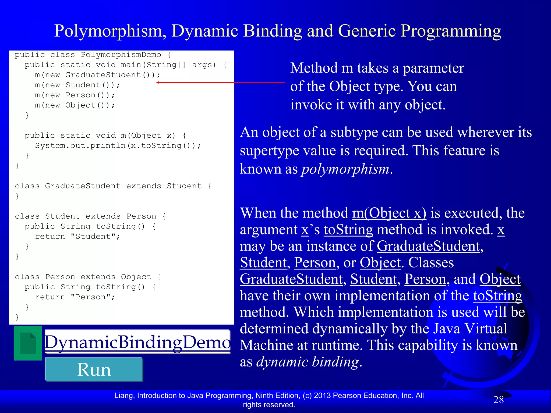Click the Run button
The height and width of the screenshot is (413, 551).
coord(94,369)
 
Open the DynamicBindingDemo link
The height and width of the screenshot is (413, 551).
coord(137,342)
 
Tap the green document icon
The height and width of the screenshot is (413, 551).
coord(28,343)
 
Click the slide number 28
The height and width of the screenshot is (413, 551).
coord(498,400)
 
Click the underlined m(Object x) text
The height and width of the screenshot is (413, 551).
coord(389,213)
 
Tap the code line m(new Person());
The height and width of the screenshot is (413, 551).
coord(75,95)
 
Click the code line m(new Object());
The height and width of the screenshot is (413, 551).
coord(75,105)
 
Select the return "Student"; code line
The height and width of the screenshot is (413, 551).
coord(77,237)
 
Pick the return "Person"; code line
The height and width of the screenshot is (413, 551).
coord(75,297)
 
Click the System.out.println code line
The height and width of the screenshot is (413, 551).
coord(118,146)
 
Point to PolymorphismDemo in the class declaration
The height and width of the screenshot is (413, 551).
coord(121,55)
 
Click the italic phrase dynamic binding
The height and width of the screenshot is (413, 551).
coord(308,362)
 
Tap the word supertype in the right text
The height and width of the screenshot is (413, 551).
coord(269,151)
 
